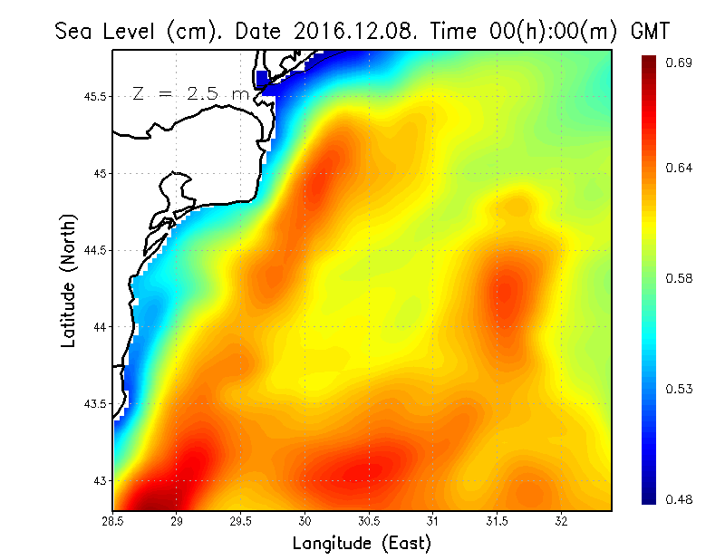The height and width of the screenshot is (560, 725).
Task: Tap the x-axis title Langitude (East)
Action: (361, 544)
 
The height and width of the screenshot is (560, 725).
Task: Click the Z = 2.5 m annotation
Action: (190, 93)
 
